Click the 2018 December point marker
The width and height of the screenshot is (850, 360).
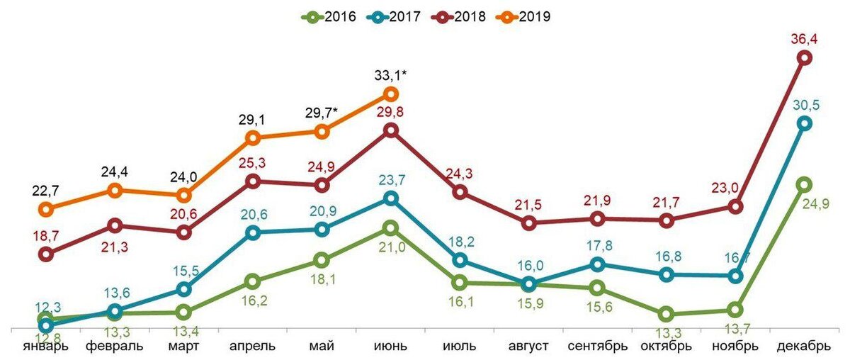[805, 59]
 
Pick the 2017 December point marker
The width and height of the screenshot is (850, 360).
[805, 123]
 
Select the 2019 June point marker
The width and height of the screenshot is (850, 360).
[391, 94]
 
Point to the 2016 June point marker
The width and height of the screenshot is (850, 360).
[391, 228]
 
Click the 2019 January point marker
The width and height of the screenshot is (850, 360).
[46, 209]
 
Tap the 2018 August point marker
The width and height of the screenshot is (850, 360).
[528, 223]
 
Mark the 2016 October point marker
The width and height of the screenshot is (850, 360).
[666, 314]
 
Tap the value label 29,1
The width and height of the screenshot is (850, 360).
[252, 118]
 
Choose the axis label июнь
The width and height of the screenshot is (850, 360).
[390, 347]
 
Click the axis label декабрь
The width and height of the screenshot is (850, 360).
[804, 347]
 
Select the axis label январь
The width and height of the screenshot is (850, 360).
[46, 347]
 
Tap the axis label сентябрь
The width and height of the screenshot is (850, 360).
[598, 347]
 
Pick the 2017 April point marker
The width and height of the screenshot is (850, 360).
[253, 232]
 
